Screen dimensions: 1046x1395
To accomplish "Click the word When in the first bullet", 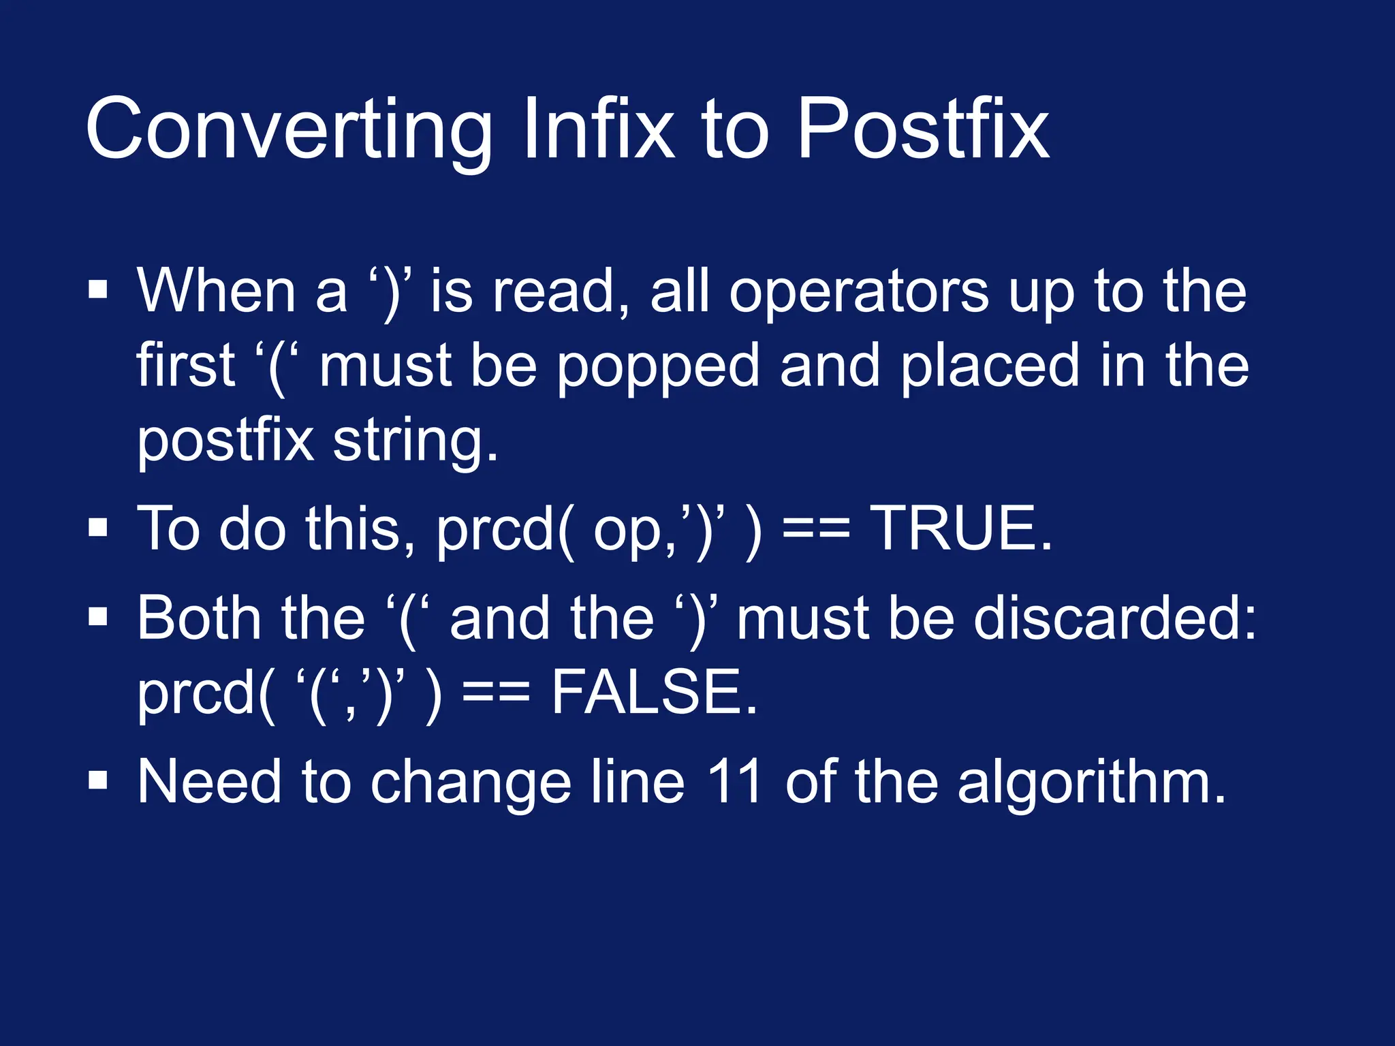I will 216,291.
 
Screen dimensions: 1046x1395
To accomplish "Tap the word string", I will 416,441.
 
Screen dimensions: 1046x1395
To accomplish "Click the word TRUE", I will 962,529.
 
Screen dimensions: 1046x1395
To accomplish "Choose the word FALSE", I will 654,693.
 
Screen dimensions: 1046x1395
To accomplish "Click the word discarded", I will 1114,618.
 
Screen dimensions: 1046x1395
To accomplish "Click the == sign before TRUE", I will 817,530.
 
